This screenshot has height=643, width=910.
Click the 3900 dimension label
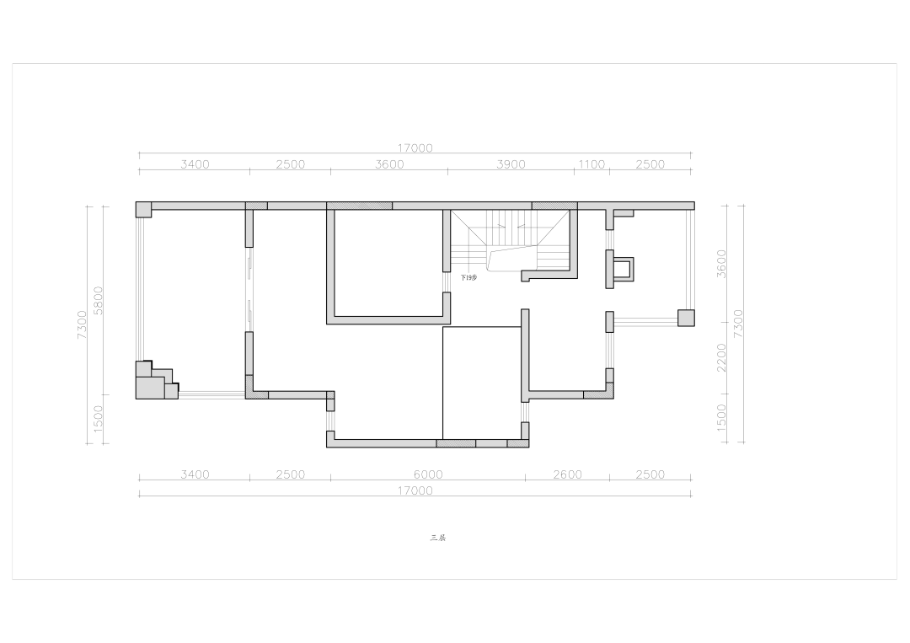click(511, 164)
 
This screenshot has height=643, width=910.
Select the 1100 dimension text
click(591, 164)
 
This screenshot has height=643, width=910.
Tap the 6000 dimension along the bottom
click(428, 474)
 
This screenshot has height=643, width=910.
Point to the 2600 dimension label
click(567, 474)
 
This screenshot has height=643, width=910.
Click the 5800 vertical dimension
click(99, 300)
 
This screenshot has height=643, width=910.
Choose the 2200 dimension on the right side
click(721, 358)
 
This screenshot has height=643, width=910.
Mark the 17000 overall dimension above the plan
click(415, 148)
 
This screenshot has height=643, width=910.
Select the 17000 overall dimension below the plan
click(415, 490)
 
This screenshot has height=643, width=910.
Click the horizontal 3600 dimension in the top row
click(389, 164)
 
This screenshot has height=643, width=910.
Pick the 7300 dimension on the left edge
click(82, 324)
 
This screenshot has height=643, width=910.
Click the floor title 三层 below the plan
click(437, 538)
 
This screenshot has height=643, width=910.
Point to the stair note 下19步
click(468, 277)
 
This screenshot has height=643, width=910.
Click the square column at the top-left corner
click(144, 209)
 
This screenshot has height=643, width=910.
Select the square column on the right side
click(686, 318)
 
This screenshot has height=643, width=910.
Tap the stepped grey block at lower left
click(154, 381)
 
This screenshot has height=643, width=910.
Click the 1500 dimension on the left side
click(99, 419)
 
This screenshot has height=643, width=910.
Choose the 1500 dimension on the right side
click(721, 418)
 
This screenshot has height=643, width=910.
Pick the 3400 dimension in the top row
click(195, 164)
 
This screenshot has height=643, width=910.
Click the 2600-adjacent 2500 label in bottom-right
click(650, 474)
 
